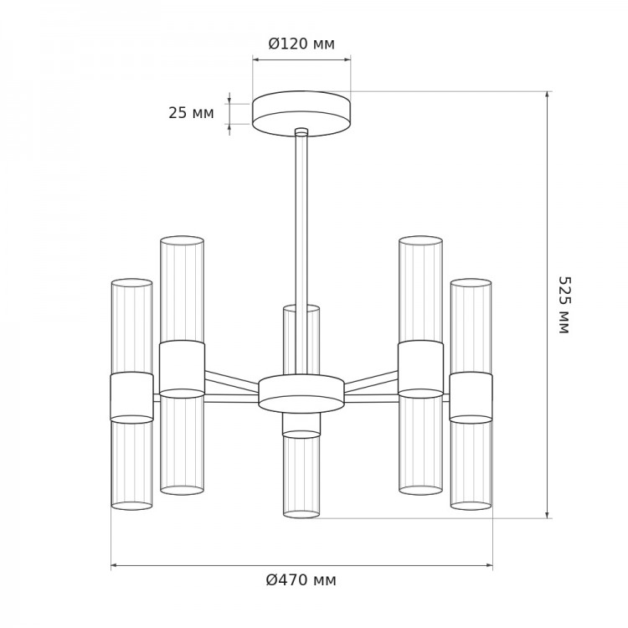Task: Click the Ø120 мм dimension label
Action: [x=301, y=44]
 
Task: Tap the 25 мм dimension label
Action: [x=191, y=113]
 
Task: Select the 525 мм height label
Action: [x=564, y=305]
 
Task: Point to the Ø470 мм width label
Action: [x=301, y=579]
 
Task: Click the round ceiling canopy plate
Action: [x=301, y=114]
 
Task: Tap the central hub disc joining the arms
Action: [x=301, y=394]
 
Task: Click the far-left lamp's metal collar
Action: [x=131, y=397]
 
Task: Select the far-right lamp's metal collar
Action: [x=471, y=397]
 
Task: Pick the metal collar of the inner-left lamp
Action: [x=183, y=369]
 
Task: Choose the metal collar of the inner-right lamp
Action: [x=420, y=369]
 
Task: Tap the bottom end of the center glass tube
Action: [x=301, y=514]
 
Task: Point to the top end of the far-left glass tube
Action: [x=131, y=283]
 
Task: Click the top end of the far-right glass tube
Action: [x=471, y=283]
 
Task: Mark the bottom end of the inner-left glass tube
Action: [x=183, y=490]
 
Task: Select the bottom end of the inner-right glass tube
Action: [x=420, y=490]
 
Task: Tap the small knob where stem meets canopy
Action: [x=301, y=131]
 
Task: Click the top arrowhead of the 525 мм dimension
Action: [x=547, y=95]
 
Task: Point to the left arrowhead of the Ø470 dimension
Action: [x=115, y=565]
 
